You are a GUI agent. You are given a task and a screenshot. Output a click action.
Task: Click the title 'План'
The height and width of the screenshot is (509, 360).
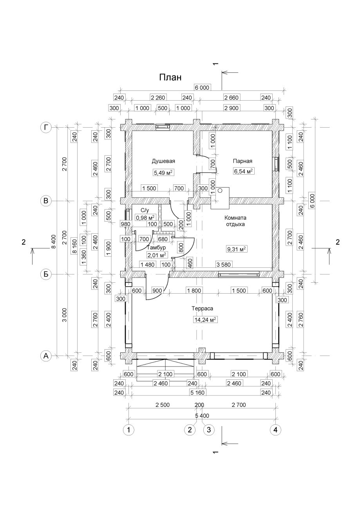pos(170,78)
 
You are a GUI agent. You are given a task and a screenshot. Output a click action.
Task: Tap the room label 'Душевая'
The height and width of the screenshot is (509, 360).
pos(163,162)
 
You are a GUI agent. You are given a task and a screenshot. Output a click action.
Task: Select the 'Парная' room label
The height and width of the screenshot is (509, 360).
pos(242,161)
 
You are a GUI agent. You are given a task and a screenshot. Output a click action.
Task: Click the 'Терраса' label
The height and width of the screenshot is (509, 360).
pos(202,309)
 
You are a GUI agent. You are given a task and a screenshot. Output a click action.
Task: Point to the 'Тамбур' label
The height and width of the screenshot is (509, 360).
pos(156,247)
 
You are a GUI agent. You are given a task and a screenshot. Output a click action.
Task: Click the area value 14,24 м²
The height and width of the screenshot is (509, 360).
pos(205,320)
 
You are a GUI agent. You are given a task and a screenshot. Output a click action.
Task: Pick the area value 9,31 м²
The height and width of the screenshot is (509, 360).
pos(236,249)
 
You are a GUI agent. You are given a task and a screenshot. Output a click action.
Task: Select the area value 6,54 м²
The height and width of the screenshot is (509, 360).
pos(243,171)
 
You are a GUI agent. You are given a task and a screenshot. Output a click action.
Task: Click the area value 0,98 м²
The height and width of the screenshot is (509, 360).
pos(145,218)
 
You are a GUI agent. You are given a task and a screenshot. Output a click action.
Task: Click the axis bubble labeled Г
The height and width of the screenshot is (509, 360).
pos(46,128)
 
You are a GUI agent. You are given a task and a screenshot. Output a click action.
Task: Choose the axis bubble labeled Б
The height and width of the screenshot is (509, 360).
pos(46,274)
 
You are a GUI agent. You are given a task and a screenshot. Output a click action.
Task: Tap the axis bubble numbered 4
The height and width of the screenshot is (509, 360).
pos(275,430)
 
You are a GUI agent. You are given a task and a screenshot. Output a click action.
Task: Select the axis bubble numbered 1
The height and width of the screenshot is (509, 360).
pos(128,430)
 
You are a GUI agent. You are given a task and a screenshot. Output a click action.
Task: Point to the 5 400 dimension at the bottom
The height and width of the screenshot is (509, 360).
pos(202,415)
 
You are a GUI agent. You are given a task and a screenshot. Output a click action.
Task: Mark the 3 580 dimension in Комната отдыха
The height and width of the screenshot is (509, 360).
pos(223,265)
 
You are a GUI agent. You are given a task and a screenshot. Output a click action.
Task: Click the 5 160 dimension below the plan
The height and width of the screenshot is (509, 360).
pos(197,392)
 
